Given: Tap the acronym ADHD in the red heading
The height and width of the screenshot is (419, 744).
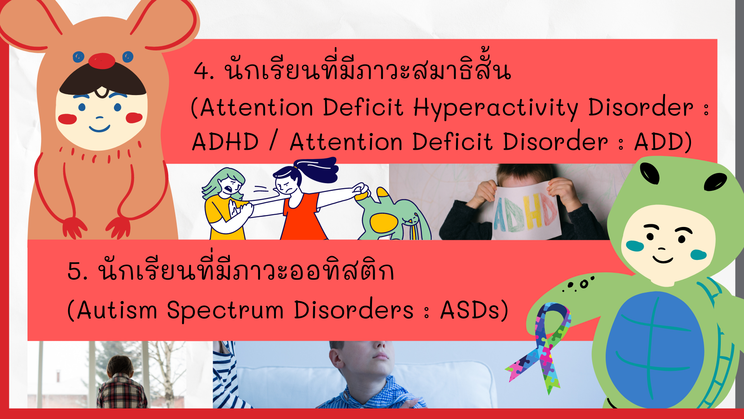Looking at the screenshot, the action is coord(226,142).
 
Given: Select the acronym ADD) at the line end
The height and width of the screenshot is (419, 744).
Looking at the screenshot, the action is coord(663,142).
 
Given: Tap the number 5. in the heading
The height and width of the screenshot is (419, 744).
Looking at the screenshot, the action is coord(77,271).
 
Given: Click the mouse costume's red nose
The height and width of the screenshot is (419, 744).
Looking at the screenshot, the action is coord(102,61).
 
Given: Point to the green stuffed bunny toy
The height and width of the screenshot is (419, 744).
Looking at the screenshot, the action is coord(391,217).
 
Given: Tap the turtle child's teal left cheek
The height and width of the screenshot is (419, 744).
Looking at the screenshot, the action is coord(635,246).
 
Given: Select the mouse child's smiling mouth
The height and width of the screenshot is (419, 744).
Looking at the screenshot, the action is coord(99,128).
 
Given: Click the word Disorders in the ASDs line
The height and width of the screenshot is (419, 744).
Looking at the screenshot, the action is coord(354,310).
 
